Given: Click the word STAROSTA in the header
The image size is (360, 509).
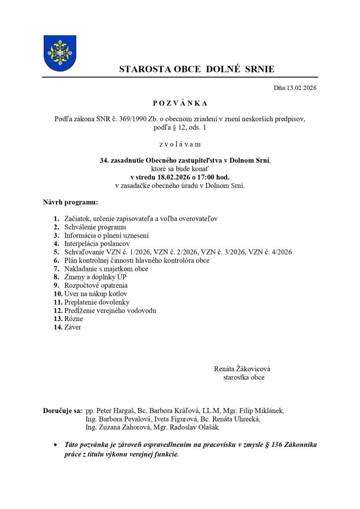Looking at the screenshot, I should click(142, 69).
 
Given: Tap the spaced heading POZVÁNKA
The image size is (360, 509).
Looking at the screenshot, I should click(180, 103).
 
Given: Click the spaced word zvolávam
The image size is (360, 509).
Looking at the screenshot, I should click(180, 144).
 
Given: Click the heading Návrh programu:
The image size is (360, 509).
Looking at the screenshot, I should click(71, 203).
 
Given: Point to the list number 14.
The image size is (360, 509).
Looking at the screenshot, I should click(57, 327).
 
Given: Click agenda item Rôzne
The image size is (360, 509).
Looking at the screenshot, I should click(74, 319).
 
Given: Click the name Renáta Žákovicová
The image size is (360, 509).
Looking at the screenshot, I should click(242, 369).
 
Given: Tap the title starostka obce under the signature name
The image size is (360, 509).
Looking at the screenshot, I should click(244, 377).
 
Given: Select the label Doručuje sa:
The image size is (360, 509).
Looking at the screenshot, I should click(62, 411).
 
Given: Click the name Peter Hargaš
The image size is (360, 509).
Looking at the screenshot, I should click(115, 411).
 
